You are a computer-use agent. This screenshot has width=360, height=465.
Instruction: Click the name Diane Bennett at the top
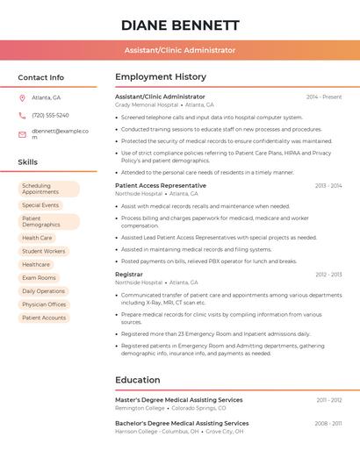pyautogui.click(x=180, y=25)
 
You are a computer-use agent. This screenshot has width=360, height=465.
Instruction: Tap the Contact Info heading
pyautogui.click(x=41, y=77)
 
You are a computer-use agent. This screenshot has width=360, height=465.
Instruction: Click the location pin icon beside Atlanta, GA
pyautogui.click(x=22, y=97)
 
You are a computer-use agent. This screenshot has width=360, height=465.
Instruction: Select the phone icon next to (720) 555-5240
pyautogui.click(x=22, y=115)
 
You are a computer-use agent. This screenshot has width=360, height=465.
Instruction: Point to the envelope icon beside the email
pyautogui.click(x=22, y=133)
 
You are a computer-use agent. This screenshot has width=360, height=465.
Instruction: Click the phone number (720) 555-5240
pyautogui.click(x=50, y=115)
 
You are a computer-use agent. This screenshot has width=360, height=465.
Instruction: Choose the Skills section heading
pyautogui.click(x=28, y=162)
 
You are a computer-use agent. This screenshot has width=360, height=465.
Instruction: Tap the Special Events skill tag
pyautogui.click(x=40, y=205)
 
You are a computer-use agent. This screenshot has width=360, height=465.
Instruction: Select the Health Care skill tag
pyautogui.click(x=37, y=238)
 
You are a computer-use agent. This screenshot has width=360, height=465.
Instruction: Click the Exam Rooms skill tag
pyautogui.click(x=39, y=277)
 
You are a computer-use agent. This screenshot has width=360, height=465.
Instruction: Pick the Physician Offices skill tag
pyautogui.click(x=44, y=304)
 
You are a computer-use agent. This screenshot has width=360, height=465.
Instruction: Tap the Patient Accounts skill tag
pyautogui.click(x=44, y=318)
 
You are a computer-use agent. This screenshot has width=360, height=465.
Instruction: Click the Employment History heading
pyautogui.click(x=161, y=77)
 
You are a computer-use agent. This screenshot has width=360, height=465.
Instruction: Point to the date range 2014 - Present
pyautogui.click(x=324, y=97)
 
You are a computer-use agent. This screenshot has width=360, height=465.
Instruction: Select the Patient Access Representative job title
pyautogui.click(x=161, y=185)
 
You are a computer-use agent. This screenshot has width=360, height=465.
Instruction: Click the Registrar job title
pyautogui.click(x=128, y=275)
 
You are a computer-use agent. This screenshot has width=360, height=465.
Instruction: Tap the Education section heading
pyautogui.click(x=138, y=380)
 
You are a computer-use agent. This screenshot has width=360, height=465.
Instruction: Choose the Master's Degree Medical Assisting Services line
pyautogui.click(x=179, y=399)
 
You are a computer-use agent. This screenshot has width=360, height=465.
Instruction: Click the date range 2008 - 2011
pyautogui.click(x=328, y=423)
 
